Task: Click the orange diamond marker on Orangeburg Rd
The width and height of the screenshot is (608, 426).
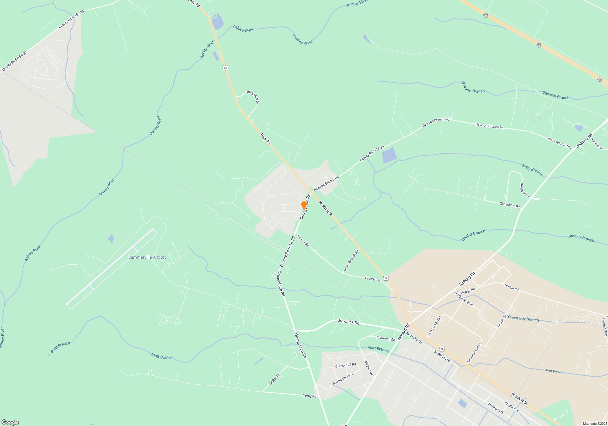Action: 304,205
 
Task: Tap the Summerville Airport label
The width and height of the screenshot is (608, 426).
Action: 147,257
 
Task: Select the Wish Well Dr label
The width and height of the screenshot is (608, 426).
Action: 253,97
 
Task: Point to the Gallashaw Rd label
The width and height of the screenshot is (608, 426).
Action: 510,205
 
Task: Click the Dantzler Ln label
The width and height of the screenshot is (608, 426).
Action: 524,190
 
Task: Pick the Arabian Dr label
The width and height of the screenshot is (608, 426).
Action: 597,143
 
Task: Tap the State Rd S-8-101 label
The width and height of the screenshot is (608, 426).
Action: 559,144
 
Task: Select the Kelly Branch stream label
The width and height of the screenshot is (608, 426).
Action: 532,170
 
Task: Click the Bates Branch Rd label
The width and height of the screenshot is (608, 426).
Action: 351,260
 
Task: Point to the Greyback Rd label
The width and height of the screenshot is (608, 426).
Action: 348,322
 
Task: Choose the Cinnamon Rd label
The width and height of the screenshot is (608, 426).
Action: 385,338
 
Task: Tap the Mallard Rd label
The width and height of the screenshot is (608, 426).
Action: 404,332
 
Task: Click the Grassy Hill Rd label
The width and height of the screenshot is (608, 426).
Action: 345,365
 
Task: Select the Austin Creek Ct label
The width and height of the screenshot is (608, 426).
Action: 344,379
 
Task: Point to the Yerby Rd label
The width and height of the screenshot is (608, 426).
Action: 309,396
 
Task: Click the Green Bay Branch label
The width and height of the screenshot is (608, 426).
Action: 523,318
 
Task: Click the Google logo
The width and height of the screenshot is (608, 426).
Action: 10,422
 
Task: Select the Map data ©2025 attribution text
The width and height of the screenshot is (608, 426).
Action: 594,424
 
